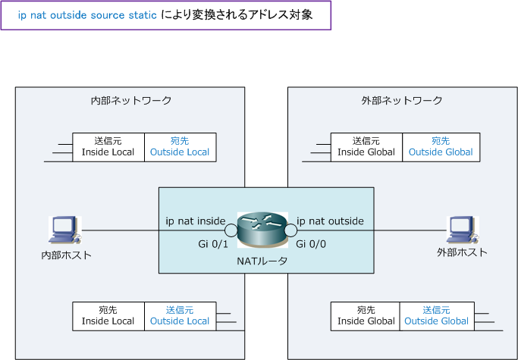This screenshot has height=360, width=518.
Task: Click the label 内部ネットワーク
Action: [x=130, y=100]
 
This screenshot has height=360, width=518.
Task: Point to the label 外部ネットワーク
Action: [x=402, y=100]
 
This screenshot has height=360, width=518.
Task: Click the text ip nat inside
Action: [x=195, y=221]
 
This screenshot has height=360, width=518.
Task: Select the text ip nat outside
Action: [x=330, y=221]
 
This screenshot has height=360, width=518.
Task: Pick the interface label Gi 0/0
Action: [x=310, y=243]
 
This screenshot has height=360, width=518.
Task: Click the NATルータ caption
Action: [x=262, y=261]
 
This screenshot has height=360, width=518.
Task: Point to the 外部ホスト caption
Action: [x=462, y=252]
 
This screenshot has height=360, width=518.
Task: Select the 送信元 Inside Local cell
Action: [x=108, y=146]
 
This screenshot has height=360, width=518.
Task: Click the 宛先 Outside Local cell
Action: [x=180, y=146]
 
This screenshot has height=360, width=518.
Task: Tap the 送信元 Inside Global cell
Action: [x=366, y=146]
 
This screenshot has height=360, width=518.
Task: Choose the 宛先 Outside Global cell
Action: [x=441, y=146]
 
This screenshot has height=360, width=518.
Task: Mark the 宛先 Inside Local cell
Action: [x=108, y=315]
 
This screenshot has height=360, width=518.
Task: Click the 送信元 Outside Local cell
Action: [x=180, y=315]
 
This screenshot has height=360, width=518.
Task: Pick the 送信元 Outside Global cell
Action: [x=437, y=315]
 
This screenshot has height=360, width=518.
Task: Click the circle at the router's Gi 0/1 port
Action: [x=231, y=230]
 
